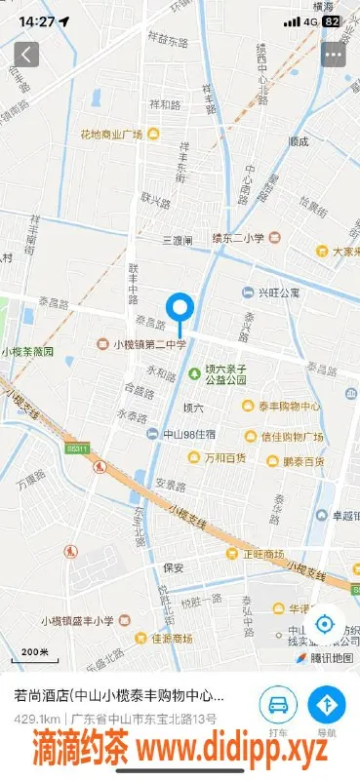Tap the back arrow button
[x=26, y=54]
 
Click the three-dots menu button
[x=334, y=55]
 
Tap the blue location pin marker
[x=180, y=309]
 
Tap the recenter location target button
[x=325, y=624]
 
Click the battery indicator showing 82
[x=332, y=20]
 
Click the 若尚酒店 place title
[x=117, y=696]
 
